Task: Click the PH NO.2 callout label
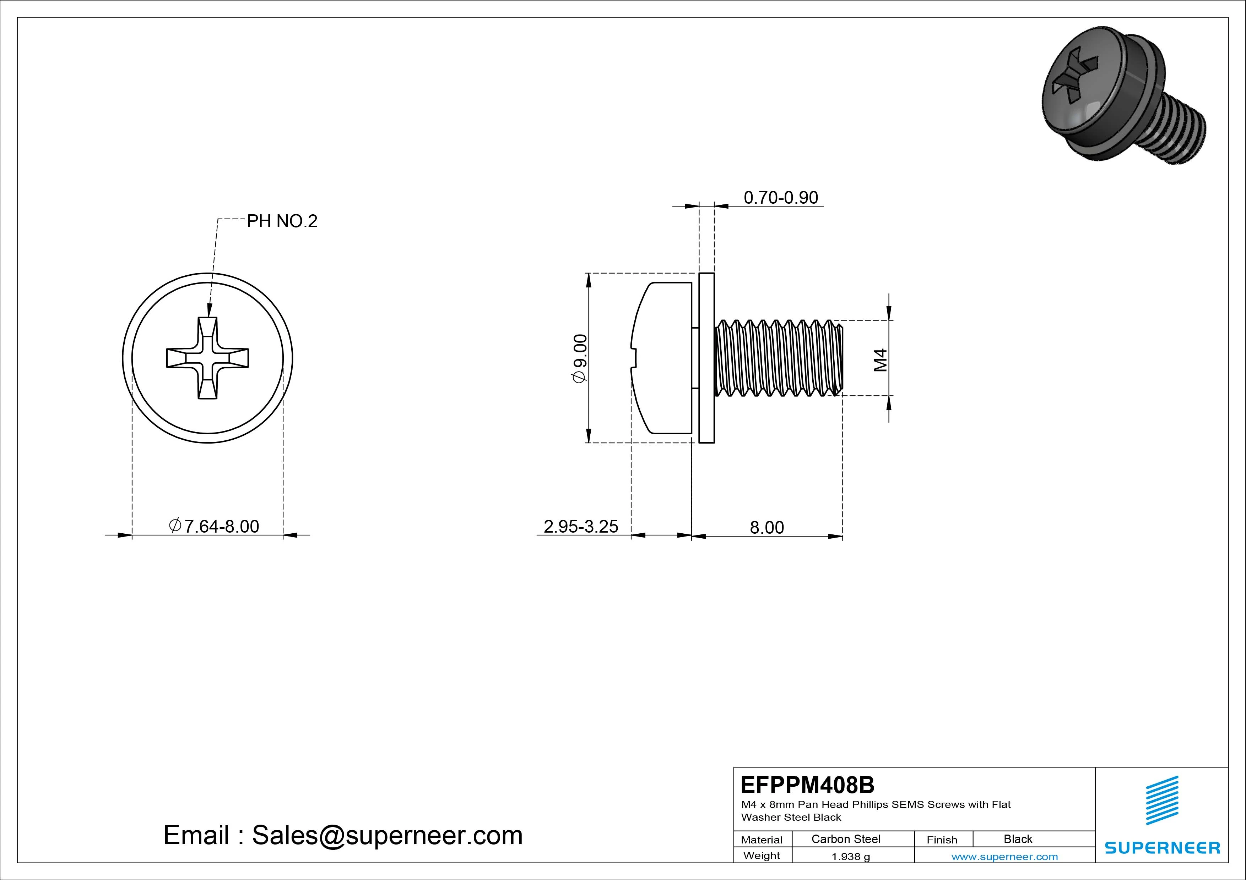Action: point(282,221)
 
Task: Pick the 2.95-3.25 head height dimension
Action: point(581,527)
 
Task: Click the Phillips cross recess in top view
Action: point(207,358)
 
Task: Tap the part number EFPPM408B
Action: point(807,785)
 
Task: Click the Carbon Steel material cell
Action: point(845,839)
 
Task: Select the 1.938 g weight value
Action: point(850,857)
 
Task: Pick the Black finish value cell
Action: point(1018,839)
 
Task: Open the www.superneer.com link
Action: point(1004,857)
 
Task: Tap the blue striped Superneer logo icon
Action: point(1162,800)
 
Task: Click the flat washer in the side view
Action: point(706,358)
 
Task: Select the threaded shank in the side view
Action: point(779,358)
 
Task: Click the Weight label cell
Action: point(762,856)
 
